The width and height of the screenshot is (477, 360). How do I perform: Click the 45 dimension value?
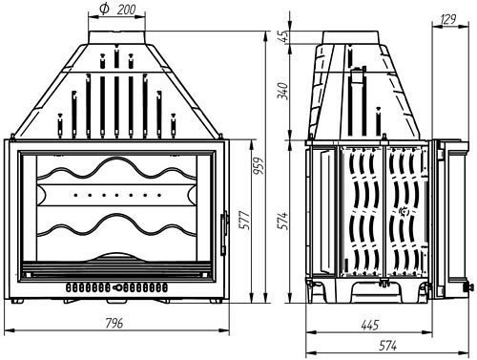(283, 37)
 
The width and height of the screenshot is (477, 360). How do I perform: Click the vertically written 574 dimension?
(283, 222)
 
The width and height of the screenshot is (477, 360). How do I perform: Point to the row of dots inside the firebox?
(114, 194)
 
